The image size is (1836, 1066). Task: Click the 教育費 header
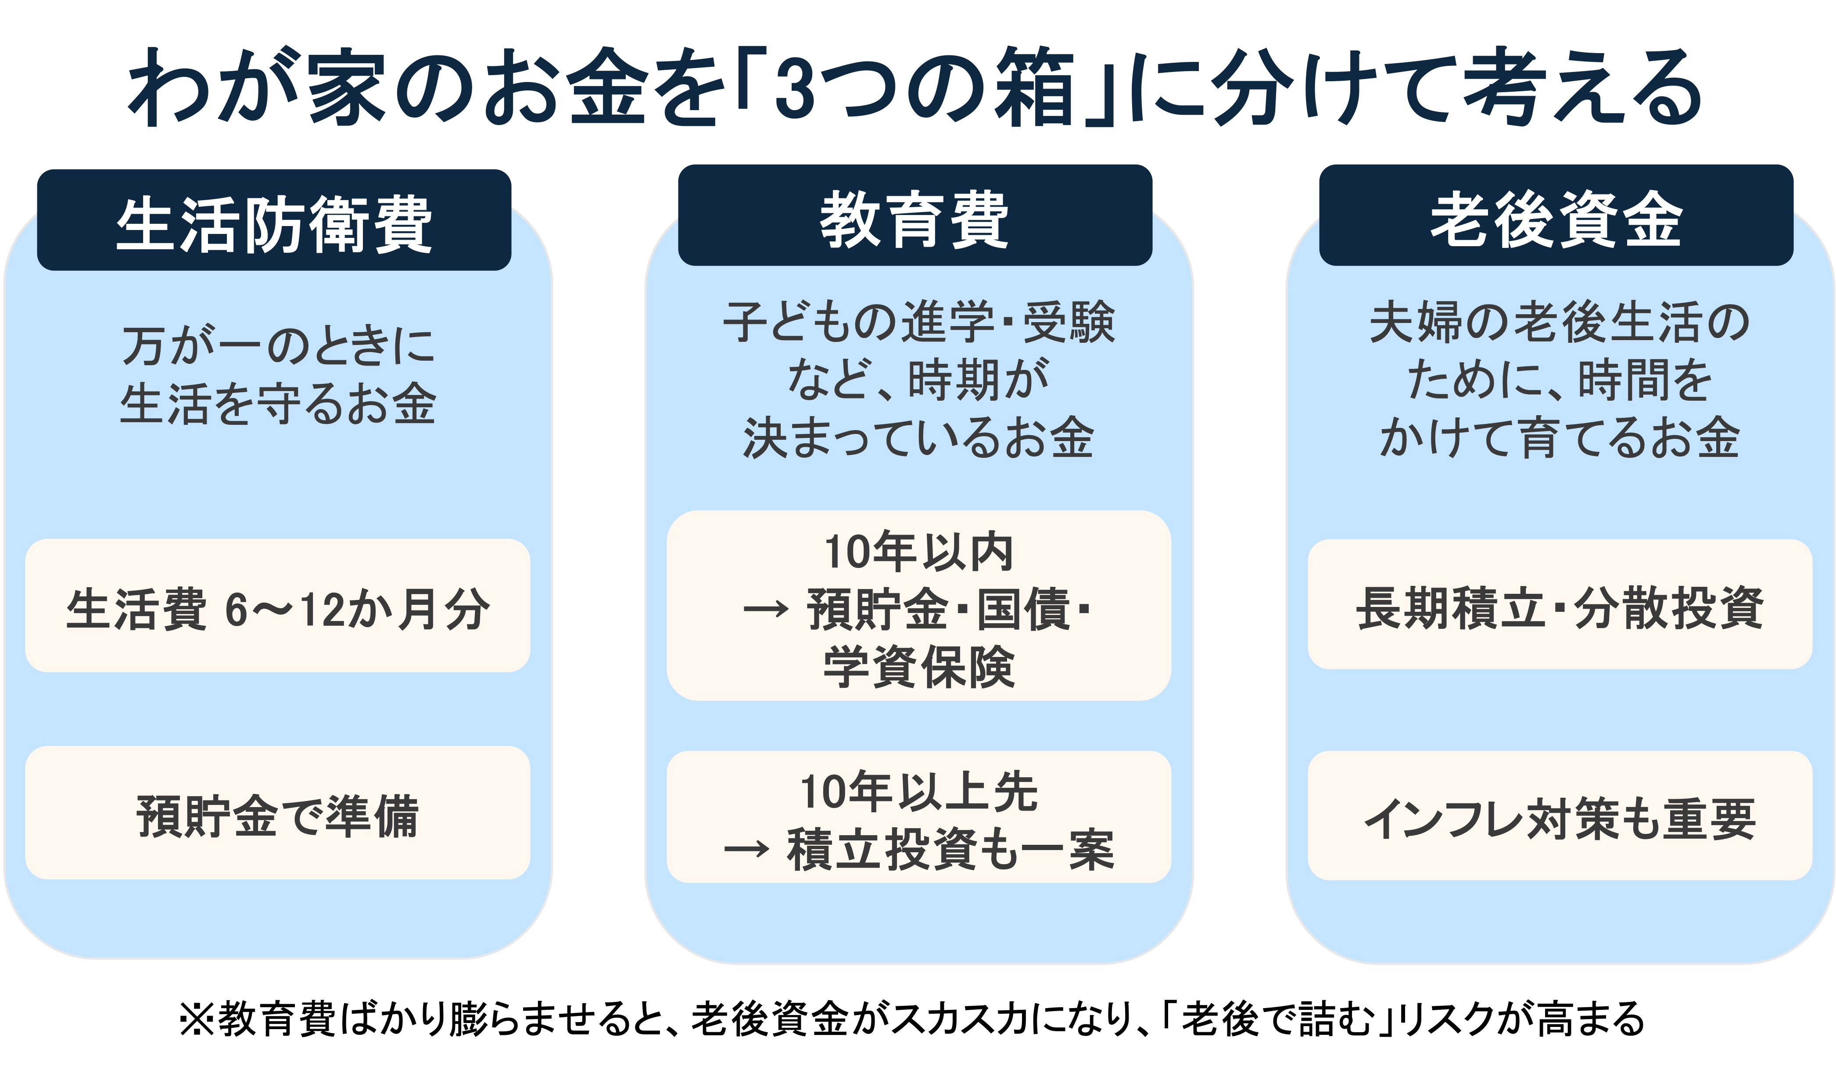914,219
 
